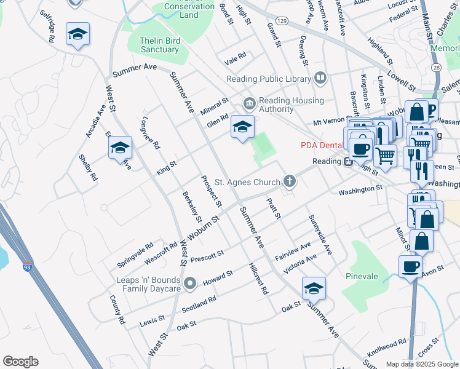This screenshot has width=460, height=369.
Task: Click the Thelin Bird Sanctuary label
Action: [159, 45]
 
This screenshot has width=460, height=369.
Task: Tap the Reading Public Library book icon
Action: [320, 77]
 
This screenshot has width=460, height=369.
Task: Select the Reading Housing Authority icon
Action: [249, 102]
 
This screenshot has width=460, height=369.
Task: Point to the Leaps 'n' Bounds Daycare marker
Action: [190, 284]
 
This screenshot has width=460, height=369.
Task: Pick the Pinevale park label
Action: [362, 276]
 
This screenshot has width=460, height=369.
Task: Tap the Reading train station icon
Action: [347, 162]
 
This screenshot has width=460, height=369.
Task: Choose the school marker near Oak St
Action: [314, 288]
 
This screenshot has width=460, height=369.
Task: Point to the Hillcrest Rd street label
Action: [258, 279]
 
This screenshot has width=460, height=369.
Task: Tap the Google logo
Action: [20, 362]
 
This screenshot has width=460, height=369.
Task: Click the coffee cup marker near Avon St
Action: [410, 266]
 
